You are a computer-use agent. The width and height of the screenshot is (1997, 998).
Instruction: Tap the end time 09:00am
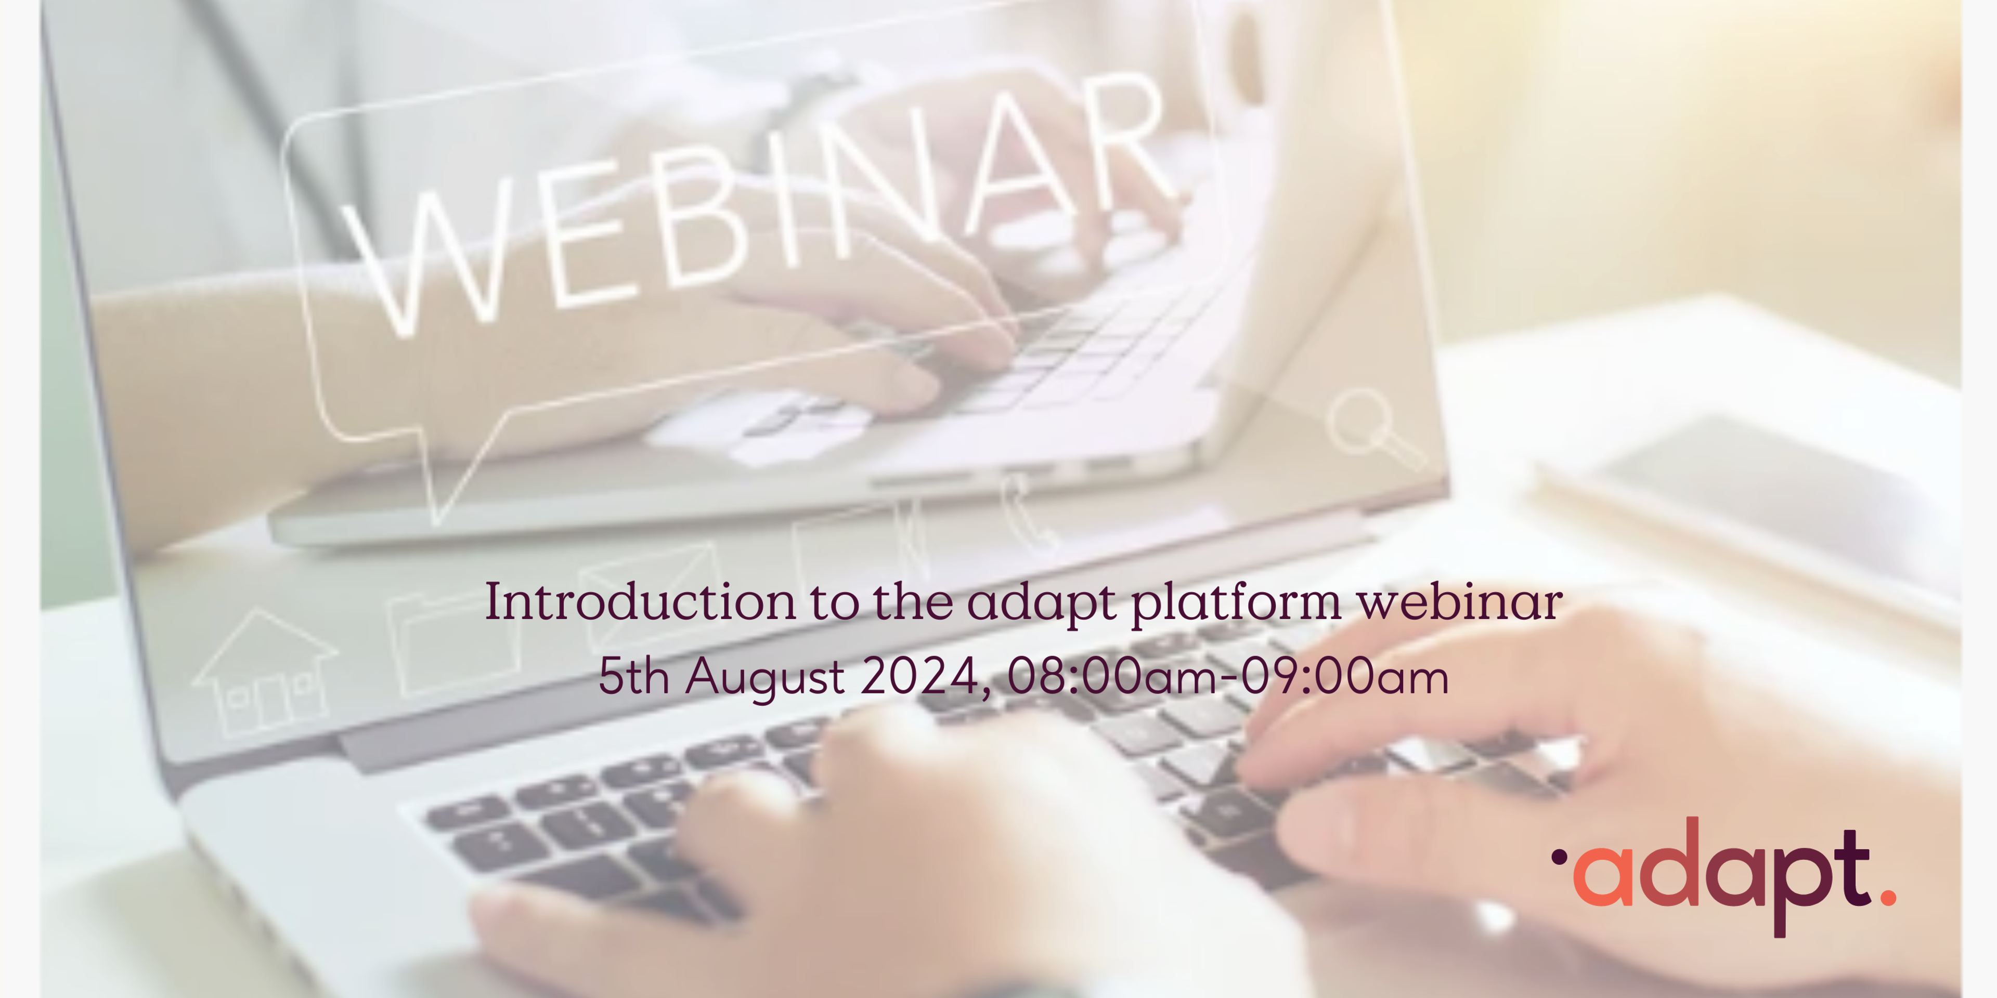coord(1344,676)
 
